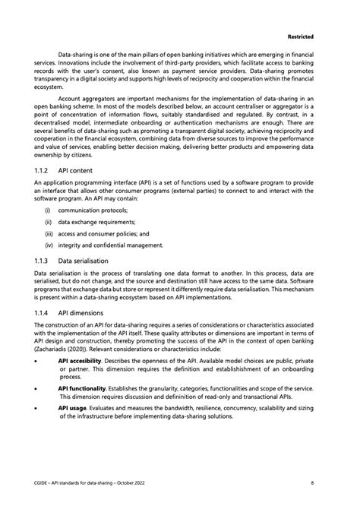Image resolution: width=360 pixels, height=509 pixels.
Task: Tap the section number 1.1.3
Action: [x=43, y=260]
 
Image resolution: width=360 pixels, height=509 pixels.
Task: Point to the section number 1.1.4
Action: [x=43, y=312]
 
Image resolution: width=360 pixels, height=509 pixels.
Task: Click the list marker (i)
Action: [x=49, y=210]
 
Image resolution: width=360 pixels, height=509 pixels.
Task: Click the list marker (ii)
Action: [x=49, y=222]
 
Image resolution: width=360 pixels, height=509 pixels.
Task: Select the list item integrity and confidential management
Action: [x=115, y=245]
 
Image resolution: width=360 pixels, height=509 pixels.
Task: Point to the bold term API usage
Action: [x=75, y=408]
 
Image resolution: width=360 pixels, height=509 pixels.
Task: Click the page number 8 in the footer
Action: [x=312, y=482]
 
